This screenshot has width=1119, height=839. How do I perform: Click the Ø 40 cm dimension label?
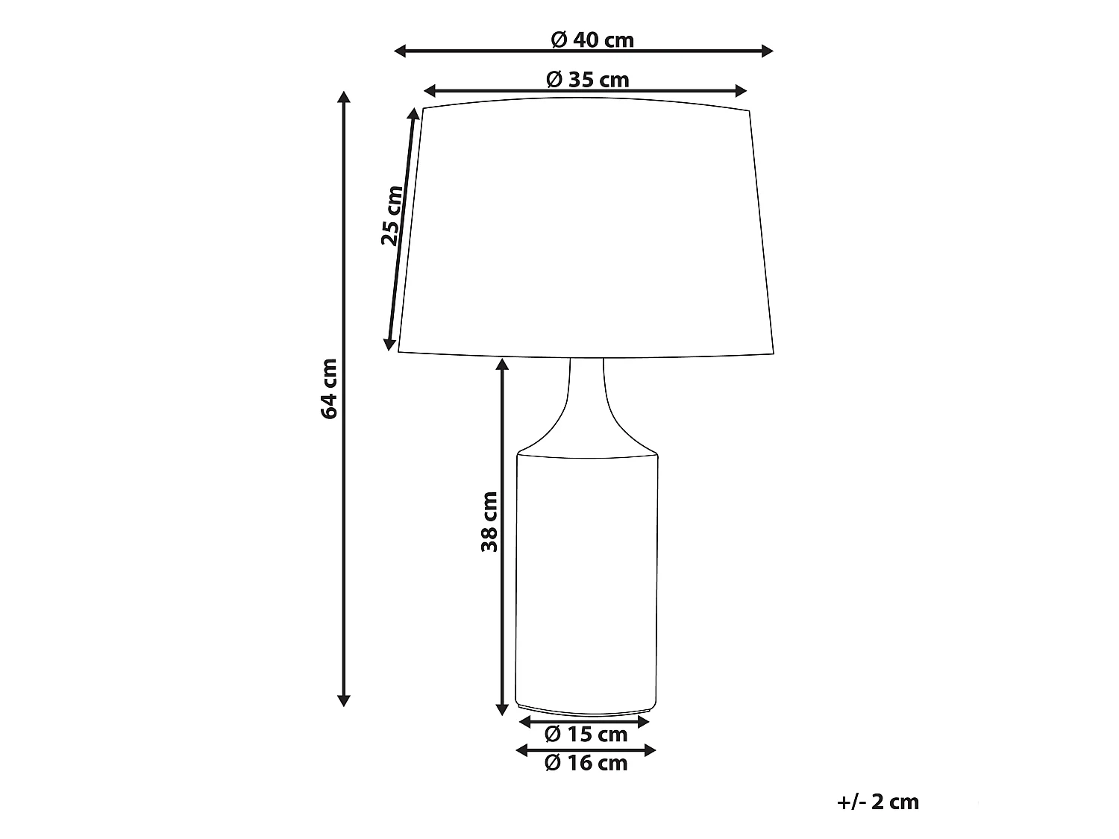coord(592,40)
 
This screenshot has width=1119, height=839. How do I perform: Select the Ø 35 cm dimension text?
coord(588,80)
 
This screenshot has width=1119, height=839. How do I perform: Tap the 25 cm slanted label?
coord(392,216)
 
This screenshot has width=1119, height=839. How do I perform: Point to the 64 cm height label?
coord(329,389)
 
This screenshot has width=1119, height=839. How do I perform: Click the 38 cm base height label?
coord(489,521)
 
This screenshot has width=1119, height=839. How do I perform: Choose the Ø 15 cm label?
coord(586,734)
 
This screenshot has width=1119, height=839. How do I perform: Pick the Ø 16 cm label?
coord(586,763)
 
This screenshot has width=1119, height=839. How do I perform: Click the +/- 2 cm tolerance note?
coord(878,802)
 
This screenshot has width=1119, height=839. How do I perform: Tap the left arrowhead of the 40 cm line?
coord(400,51)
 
